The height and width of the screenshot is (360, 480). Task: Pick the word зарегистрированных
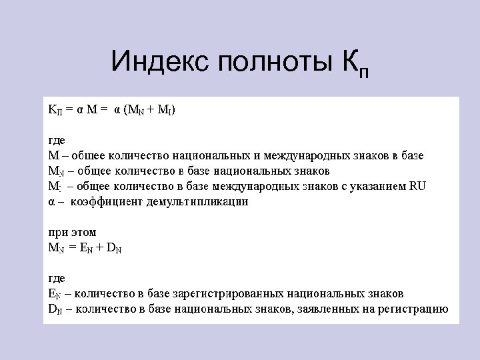(236, 293)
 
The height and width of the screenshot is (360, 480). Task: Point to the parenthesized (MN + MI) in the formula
(150, 109)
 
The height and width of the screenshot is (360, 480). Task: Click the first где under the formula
(57, 139)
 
